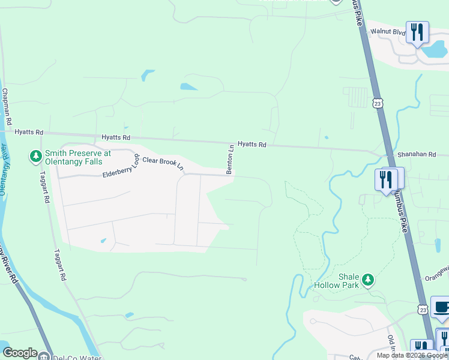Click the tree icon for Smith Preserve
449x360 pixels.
36,157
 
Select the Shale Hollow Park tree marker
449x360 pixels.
367,280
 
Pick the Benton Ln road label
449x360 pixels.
230,159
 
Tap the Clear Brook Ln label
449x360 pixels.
163,163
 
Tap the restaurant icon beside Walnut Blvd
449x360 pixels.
417,32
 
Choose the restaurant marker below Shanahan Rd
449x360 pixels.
386,179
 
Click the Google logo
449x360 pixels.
20,353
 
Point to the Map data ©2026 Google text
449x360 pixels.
412,355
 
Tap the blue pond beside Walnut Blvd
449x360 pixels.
433,50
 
